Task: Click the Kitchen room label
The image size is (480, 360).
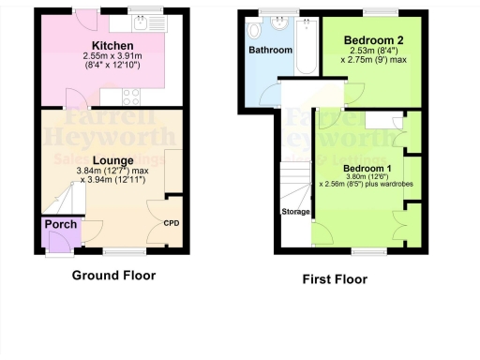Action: tap(112, 45)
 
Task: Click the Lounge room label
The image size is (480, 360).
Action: tap(112, 160)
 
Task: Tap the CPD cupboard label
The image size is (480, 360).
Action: tap(172, 223)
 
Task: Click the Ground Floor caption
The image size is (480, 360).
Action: tap(113, 276)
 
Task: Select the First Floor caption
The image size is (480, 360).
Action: tap(334, 279)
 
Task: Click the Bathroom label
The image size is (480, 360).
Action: tap(271, 50)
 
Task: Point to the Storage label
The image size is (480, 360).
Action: tap(295, 212)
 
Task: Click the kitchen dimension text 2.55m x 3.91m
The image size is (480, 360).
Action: tap(112, 56)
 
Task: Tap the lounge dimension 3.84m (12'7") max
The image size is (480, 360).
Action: tap(112, 171)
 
